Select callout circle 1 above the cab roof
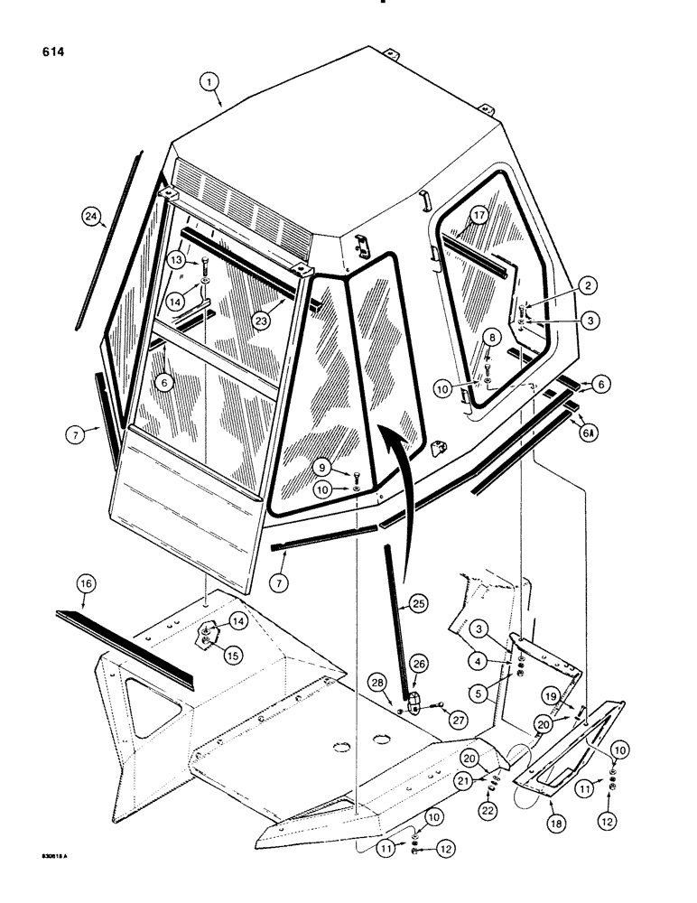point(209,82)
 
